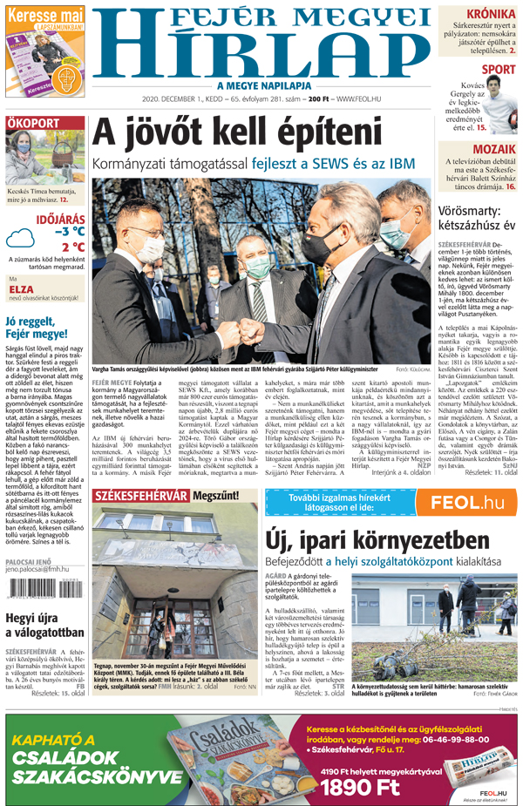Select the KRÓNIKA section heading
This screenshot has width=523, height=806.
489,14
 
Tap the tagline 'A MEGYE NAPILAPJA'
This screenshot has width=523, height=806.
259,85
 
